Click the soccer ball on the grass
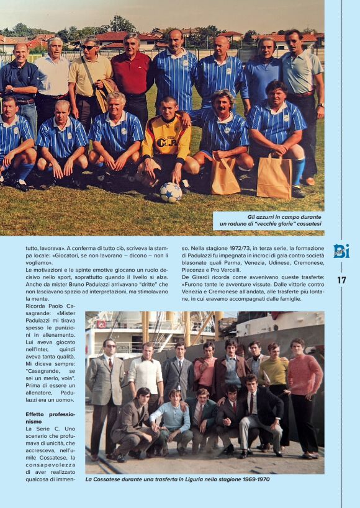tap(170, 192)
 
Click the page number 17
tap(341, 280)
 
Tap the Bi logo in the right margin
tap(341, 251)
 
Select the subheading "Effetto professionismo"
tap(50, 417)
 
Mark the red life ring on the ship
tap(101, 324)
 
